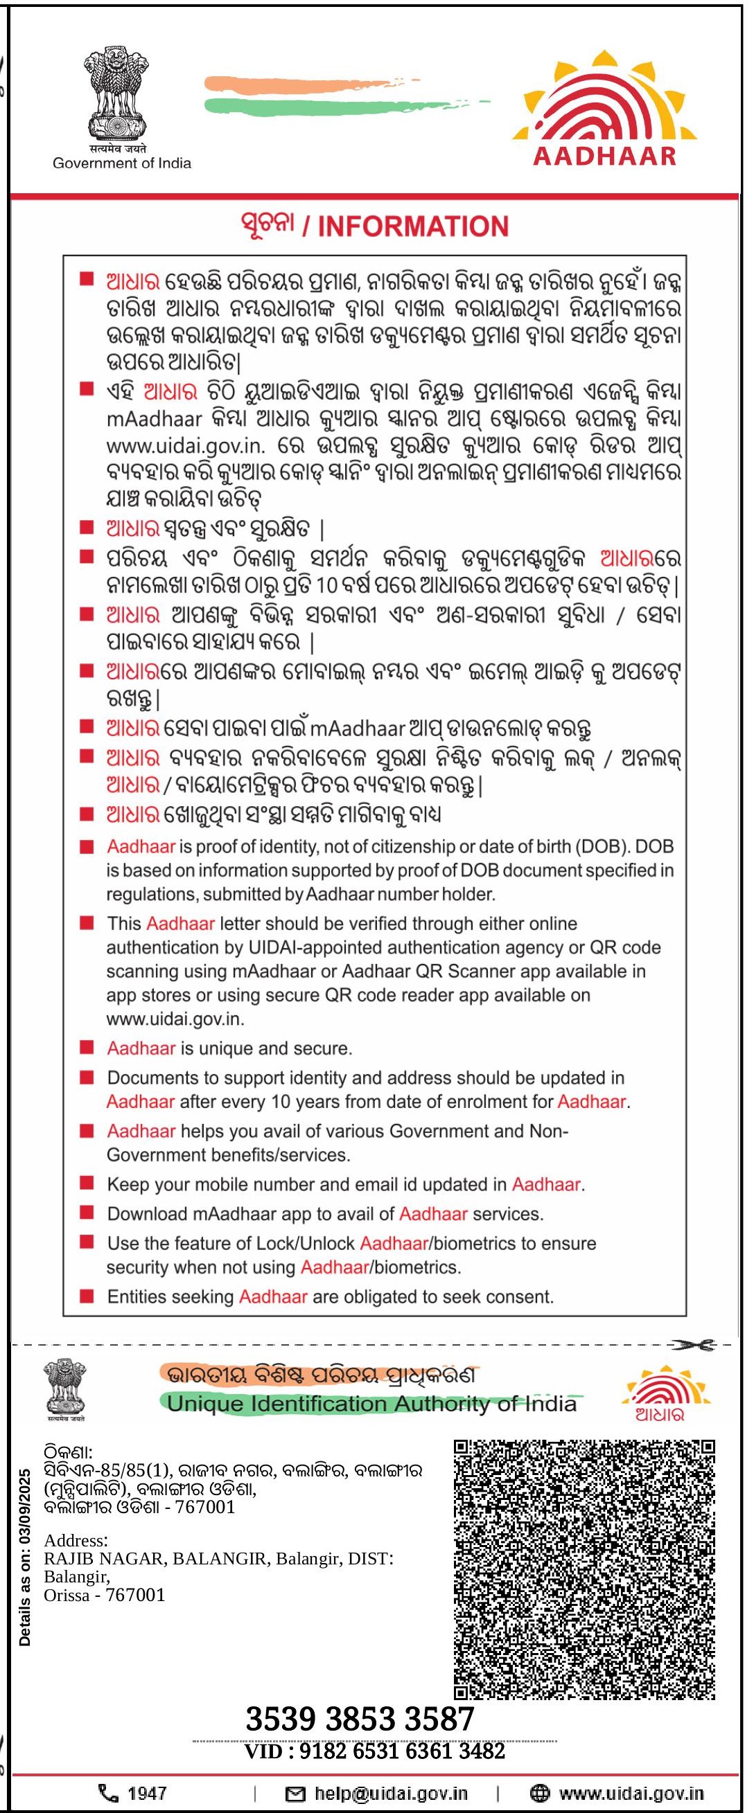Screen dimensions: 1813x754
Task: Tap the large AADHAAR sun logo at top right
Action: (x=605, y=107)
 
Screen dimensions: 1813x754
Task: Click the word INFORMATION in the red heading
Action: (x=413, y=226)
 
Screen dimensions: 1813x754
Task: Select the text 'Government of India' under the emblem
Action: (x=122, y=163)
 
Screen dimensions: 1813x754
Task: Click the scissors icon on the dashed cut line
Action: (x=693, y=1344)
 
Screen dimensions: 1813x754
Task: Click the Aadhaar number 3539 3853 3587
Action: (x=360, y=1720)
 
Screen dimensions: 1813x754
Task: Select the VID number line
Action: (x=374, y=1751)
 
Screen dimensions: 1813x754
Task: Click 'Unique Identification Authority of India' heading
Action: (x=371, y=1404)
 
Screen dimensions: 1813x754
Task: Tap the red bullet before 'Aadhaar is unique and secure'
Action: (x=87, y=1048)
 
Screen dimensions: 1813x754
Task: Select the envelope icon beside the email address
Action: (x=295, y=1794)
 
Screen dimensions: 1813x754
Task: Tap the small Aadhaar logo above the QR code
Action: (x=660, y=1393)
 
